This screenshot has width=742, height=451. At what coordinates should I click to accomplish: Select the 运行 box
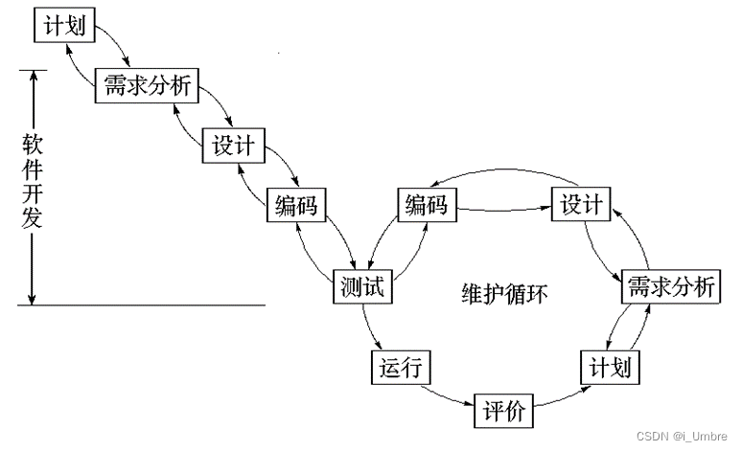click(400, 367)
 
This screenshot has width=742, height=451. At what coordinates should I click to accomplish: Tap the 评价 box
click(504, 412)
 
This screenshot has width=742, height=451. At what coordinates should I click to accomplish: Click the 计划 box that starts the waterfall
click(65, 26)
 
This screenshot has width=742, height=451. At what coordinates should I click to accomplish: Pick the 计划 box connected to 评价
click(611, 367)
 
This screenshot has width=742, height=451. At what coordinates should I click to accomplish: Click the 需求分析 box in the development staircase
click(146, 87)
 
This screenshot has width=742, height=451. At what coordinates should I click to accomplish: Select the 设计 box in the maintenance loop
click(581, 204)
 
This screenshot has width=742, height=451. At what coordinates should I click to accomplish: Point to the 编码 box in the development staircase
click(295, 204)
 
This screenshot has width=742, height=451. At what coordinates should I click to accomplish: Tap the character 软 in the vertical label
click(33, 147)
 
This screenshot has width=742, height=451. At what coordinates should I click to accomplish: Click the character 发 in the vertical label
click(33, 218)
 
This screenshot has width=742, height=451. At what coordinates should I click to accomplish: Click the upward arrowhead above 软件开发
click(33, 77)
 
